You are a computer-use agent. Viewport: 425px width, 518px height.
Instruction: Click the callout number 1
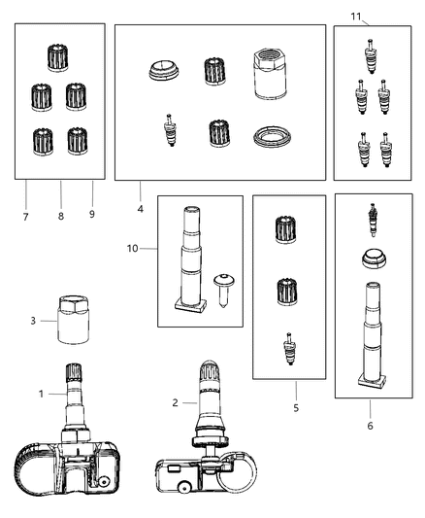(x=42, y=395)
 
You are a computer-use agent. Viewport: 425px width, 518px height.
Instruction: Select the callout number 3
(x=32, y=320)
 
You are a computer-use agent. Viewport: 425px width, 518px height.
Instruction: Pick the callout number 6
(x=371, y=426)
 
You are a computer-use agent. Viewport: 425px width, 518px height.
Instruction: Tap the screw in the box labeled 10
(x=222, y=288)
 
